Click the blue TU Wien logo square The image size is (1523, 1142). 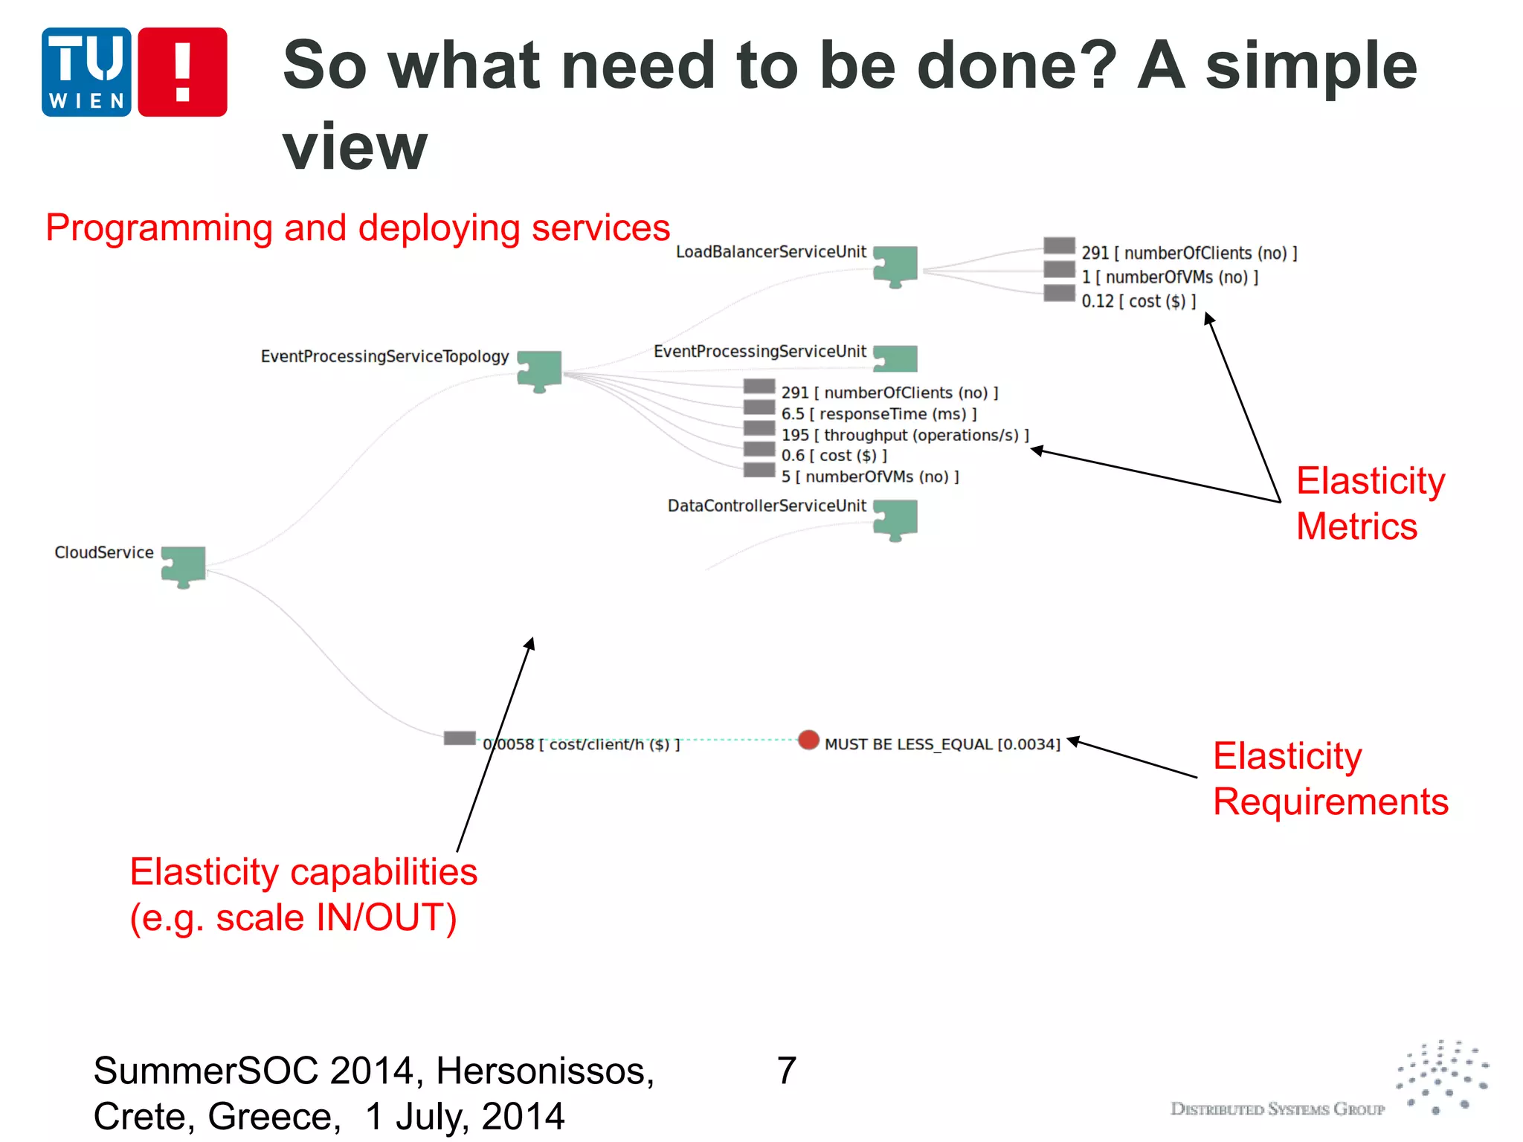point(86,72)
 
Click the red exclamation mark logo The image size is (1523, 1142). point(182,72)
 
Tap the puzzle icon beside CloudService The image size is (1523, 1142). point(184,567)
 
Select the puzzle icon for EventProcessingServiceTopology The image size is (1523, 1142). point(540,370)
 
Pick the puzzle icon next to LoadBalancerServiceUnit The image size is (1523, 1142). point(895,265)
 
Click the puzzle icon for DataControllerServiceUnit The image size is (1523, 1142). point(895,519)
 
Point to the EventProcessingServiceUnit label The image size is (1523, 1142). point(759,352)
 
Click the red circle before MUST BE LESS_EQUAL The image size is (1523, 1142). point(808,740)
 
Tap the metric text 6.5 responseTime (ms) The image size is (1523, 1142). point(878,414)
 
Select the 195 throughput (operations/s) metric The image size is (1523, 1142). point(904,435)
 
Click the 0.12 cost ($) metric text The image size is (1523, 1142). point(1138,301)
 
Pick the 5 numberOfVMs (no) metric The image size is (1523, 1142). point(869,477)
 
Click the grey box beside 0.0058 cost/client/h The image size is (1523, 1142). point(460,738)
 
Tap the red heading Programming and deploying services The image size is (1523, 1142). point(358,228)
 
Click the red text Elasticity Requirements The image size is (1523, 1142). point(1330,778)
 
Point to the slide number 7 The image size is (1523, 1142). point(786,1071)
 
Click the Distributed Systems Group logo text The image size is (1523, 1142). point(1277,1109)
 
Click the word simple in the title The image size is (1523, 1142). point(1311,67)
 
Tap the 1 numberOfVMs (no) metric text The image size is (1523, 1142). point(1169,277)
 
